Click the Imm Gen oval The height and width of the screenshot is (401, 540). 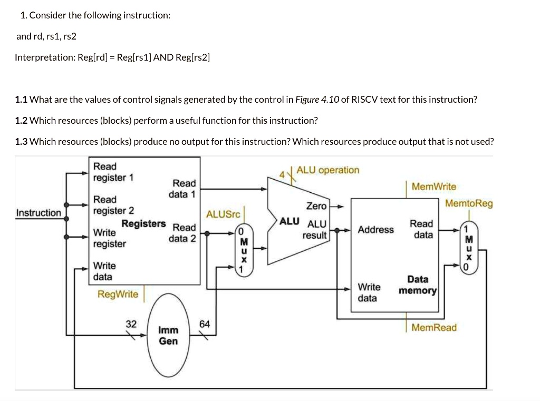[168, 336]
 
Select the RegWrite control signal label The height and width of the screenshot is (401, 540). [117, 294]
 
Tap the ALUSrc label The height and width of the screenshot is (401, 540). [223, 214]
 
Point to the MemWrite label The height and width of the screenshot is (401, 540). [434, 187]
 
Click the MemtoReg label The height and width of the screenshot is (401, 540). [469, 203]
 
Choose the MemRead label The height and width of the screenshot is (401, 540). [434, 328]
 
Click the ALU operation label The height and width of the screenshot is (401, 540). [328, 170]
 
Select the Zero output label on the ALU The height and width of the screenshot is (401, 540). [316, 206]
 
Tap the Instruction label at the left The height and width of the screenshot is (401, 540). [38, 213]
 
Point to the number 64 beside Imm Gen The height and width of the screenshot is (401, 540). [205, 324]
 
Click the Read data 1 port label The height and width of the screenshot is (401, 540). [182, 189]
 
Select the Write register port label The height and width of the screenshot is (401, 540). [109, 238]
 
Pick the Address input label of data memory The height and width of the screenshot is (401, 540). [375, 230]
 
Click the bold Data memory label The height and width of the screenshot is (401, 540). [418, 285]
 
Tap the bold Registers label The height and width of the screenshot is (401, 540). [143, 223]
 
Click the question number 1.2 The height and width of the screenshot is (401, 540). [21, 121]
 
